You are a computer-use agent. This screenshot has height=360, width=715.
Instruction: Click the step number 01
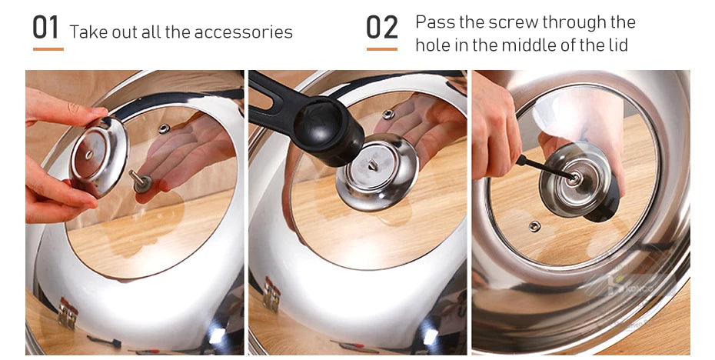(x=46, y=28)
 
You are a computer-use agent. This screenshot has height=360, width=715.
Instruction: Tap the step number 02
(x=382, y=28)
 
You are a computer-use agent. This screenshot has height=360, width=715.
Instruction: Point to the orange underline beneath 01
(x=48, y=49)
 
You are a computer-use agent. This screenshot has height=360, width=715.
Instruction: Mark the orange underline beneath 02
(x=382, y=49)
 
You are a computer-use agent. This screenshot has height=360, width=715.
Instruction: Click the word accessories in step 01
(x=244, y=32)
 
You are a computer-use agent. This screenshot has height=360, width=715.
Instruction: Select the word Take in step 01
(x=85, y=32)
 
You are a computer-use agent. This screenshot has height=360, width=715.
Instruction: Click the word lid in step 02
(x=617, y=45)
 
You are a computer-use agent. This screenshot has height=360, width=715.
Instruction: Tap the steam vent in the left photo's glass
(x=163, y=128)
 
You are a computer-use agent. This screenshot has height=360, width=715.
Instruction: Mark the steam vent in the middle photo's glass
(x=388, y=115)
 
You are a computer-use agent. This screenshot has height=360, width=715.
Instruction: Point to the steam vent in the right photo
(x=534, y=226)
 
